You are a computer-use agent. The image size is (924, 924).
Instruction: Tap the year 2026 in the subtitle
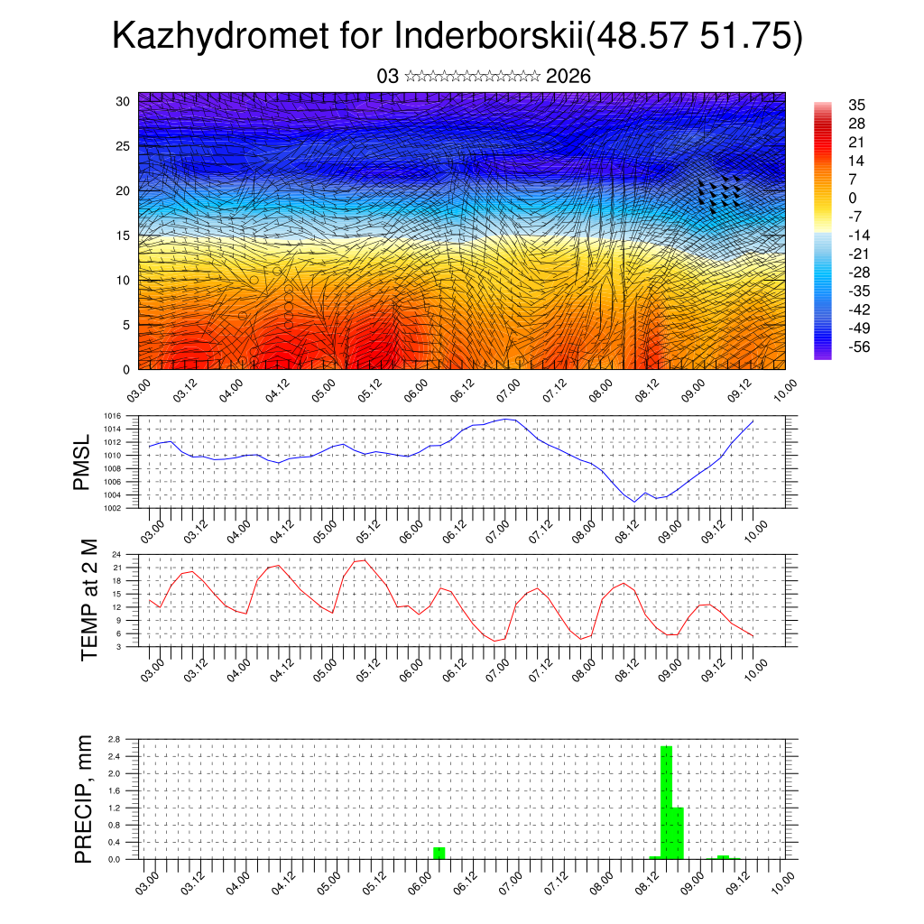pos(568,77)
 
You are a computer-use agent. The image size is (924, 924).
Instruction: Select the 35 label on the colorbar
pos(856,105)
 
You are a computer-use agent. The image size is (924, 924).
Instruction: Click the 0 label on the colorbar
pos(853,198)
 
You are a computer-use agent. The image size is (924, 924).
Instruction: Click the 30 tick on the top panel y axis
pos(123,101)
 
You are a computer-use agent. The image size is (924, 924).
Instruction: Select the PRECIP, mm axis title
pos(84,799)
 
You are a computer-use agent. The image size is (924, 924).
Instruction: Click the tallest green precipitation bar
pos(667,802)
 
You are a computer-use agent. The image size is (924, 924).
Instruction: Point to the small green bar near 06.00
pos(439,853)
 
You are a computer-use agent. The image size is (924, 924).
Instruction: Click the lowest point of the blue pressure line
pos(634,502)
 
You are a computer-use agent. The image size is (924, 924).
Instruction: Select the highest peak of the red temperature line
pos(364,560)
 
